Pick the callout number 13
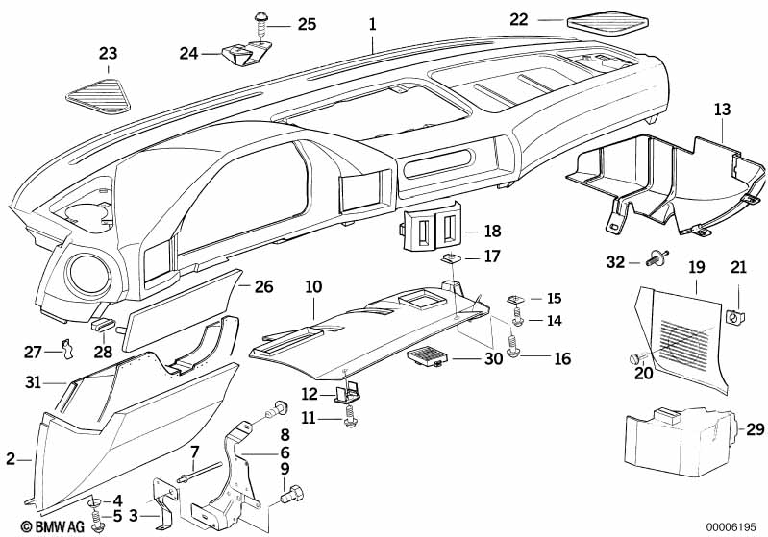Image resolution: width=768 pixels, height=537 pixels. click(722, 111)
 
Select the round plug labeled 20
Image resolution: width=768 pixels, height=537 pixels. click(634, 358)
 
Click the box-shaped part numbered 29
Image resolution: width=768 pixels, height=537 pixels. click(673, 438)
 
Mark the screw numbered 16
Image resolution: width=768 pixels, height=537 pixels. click(514, 357)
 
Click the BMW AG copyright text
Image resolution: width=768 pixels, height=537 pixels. click(34, 526)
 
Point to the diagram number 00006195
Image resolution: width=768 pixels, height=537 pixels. click(732, 526)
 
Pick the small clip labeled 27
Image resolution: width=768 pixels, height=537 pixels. click(66, 348)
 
